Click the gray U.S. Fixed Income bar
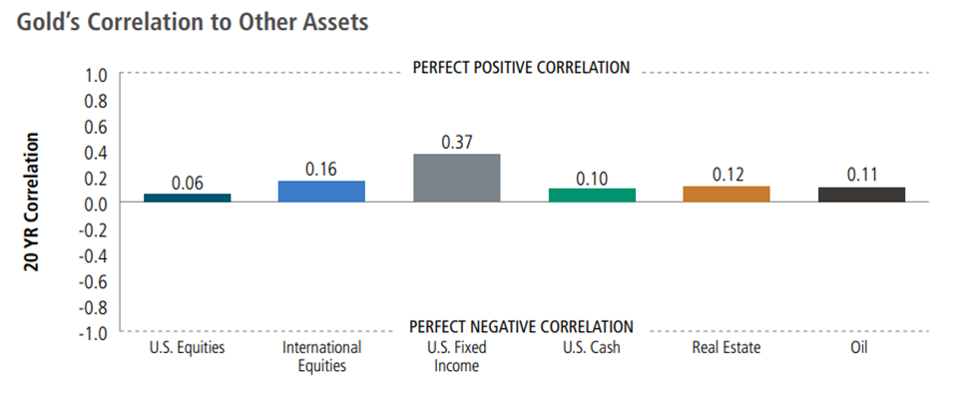[456, 178]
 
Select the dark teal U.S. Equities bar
[187, 197]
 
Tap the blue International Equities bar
[321, 191]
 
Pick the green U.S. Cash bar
[592, 195]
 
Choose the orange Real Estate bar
[727, 194]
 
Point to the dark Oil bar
[861, 195]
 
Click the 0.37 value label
[457, 142]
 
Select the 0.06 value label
[188, 183]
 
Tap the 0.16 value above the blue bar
[321, 170]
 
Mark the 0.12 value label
[728, 175]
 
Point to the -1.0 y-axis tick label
[95, 333]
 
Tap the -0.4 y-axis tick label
[95, 255]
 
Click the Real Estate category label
[727, 347]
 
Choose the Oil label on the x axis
[860, 347]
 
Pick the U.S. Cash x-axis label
[592, 347]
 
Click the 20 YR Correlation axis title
[32, 201]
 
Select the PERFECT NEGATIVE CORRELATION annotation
[522, 327]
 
